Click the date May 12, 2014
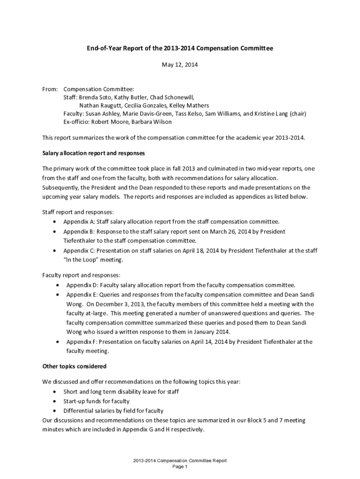click(180, 65)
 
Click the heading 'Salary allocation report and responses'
click(94, 153)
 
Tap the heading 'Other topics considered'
click(74, 366)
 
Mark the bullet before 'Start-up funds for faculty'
click(56, 401)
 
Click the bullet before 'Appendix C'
click(56, 251)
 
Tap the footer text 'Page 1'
click(180, 467)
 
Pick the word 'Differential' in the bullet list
click(78, 411)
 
